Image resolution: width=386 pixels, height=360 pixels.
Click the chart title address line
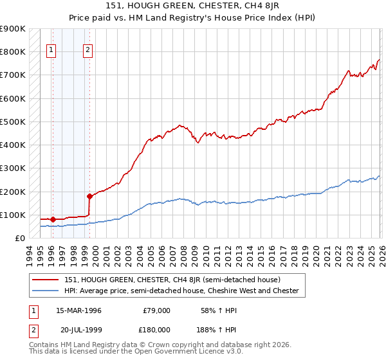click(x=192, y=7)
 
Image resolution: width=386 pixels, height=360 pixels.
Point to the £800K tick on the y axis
click(x=13, y=52)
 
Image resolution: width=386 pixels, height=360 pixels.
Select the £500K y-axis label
click(x=13, y=122)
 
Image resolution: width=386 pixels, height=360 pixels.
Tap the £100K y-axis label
click(x=13, y=215)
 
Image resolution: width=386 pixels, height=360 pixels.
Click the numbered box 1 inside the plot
click(x=51, y=51)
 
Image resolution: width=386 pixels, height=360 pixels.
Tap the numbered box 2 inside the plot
click(x=87, y=51)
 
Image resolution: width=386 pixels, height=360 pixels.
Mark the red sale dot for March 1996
click(x=53, y=219)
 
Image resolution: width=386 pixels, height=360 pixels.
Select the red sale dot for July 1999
click(x=89, y=196)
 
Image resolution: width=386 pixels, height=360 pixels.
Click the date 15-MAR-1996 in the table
click(x=78, y=310)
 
